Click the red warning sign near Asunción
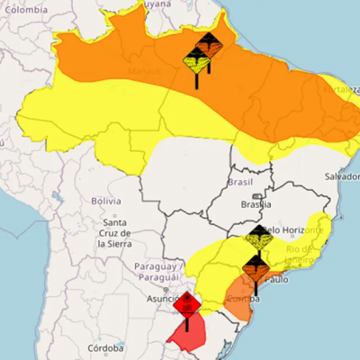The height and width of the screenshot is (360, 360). click(188, 304)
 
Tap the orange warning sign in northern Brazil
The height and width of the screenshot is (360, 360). click(208, 45)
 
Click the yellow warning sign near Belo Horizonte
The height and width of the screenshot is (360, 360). click(258, 238)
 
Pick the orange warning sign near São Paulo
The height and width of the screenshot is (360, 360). click(255, 265)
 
